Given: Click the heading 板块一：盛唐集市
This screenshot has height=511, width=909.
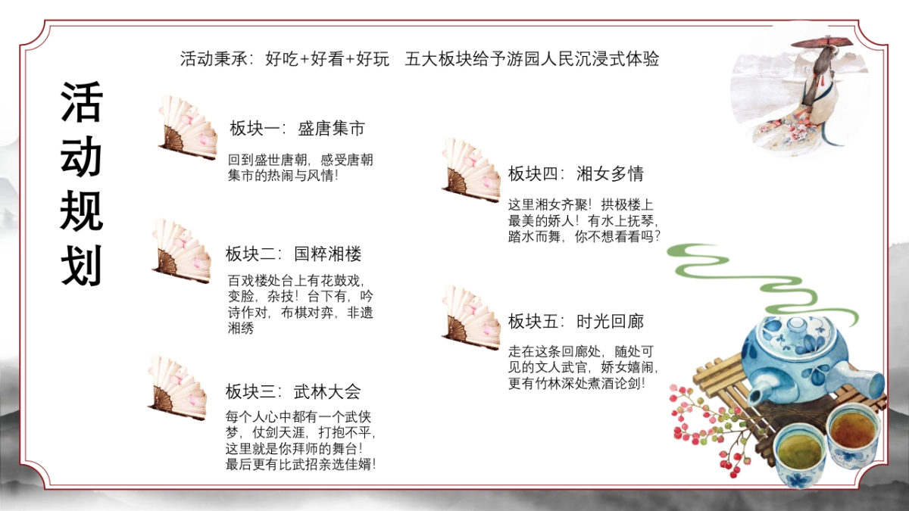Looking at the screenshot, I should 297,129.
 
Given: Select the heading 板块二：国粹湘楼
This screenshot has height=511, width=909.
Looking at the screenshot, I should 293,254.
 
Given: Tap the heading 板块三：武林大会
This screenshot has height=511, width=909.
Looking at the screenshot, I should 293,391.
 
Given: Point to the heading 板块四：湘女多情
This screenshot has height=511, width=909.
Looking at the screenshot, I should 576,174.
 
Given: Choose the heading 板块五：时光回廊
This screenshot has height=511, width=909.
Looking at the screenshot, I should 576,322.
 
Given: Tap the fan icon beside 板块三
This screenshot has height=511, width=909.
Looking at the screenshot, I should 178,388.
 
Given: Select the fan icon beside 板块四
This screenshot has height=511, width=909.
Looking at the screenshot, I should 470,170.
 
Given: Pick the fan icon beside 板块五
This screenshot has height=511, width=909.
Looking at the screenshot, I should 470,317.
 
